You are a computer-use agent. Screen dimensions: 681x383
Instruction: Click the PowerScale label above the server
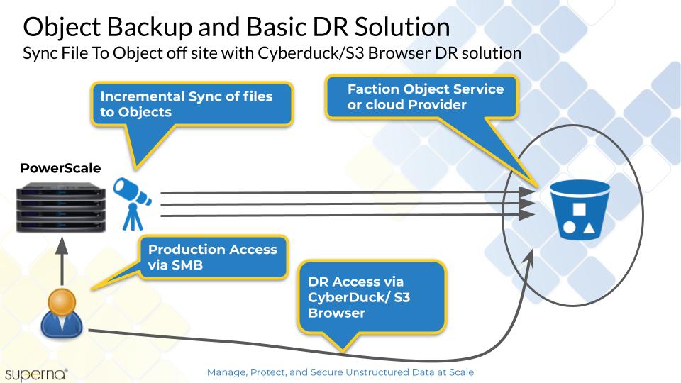(60, 168)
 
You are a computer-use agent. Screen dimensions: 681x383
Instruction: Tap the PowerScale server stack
(61, 209)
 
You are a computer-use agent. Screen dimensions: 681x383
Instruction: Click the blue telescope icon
(132, 204)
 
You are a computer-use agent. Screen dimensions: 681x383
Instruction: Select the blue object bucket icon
(580, 209)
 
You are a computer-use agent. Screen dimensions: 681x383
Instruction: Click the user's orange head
(62, 302)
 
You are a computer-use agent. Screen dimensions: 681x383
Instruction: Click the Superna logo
(36, 374)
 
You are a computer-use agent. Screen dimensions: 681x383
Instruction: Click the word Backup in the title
(149, 27)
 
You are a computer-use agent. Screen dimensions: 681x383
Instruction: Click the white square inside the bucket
(579, 209)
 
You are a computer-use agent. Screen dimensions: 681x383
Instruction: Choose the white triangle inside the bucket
(589, 227)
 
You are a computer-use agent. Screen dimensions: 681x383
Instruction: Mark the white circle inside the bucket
(569, 227)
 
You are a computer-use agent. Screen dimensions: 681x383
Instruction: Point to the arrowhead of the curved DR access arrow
(529, 257)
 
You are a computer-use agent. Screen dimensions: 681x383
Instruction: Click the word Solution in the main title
(402, 27)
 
